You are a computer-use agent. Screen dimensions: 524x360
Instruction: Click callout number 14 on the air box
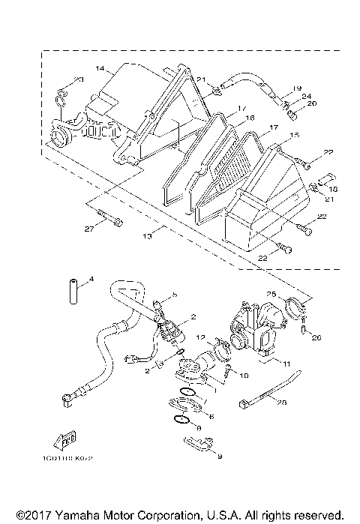pyautogui.click(x=100, y=68)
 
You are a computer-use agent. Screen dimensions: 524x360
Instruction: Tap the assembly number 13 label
pyautogui.click(x=147, y=236)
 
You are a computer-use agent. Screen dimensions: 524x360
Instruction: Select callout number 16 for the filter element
pyautogui.click(x=250, y=118)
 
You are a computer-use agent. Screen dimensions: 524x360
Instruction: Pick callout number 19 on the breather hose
pyautogui.click(x=297, y=88)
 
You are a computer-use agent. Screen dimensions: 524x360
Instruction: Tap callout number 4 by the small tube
pyautogui.click(x=91, y=280)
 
